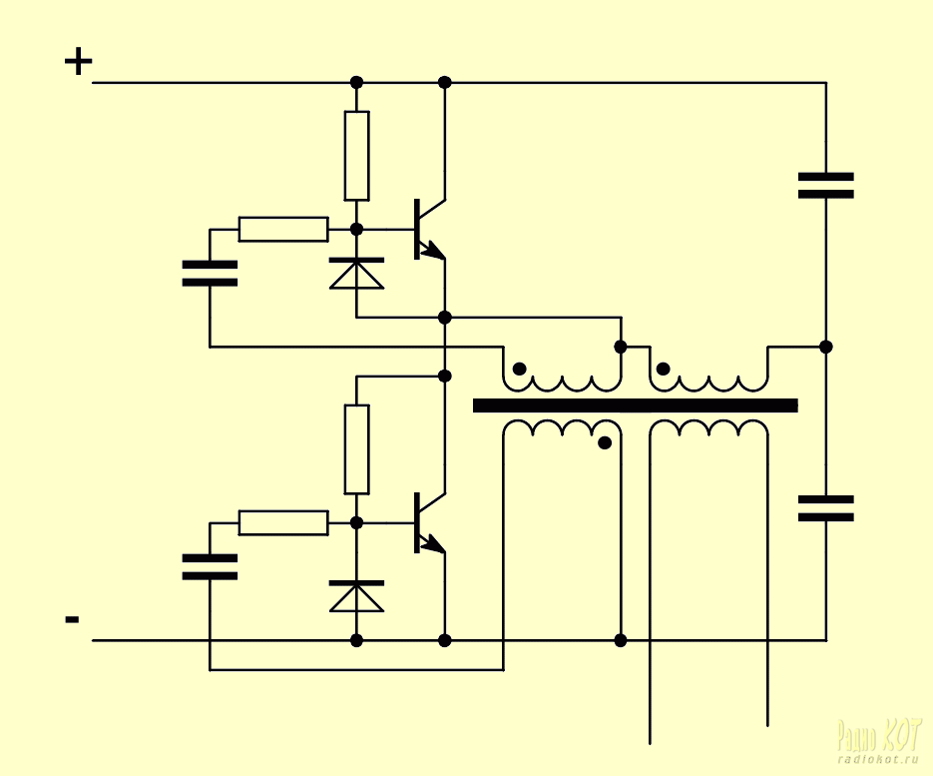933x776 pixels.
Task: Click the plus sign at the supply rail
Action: (x=78, y=63)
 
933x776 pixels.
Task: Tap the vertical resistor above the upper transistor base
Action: (x=356, y=156)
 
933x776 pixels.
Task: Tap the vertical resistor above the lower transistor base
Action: (x=356, y=449)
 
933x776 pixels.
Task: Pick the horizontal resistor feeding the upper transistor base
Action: (x=283, y=229)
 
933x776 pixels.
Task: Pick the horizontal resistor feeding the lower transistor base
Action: (x=283, y=522)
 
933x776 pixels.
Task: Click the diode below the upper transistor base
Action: (x=356, y=273)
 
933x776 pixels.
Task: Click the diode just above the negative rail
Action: (x=356, y=596)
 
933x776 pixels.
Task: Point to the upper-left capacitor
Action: (x=210, y=274)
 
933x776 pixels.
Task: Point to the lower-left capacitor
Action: (x=210, y=567)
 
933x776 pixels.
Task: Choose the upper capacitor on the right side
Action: (x=825, y=186)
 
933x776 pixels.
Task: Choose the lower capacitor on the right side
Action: (x=825, y=508)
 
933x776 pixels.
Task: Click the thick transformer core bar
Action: (x=635, y=405)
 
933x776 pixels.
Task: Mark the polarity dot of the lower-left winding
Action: (x=604, y=442)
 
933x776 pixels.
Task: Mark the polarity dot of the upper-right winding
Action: (x=664, y=370)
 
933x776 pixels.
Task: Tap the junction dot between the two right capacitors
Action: (x=825, y=347)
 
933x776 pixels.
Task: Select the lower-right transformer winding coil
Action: (x=708, y=429)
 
